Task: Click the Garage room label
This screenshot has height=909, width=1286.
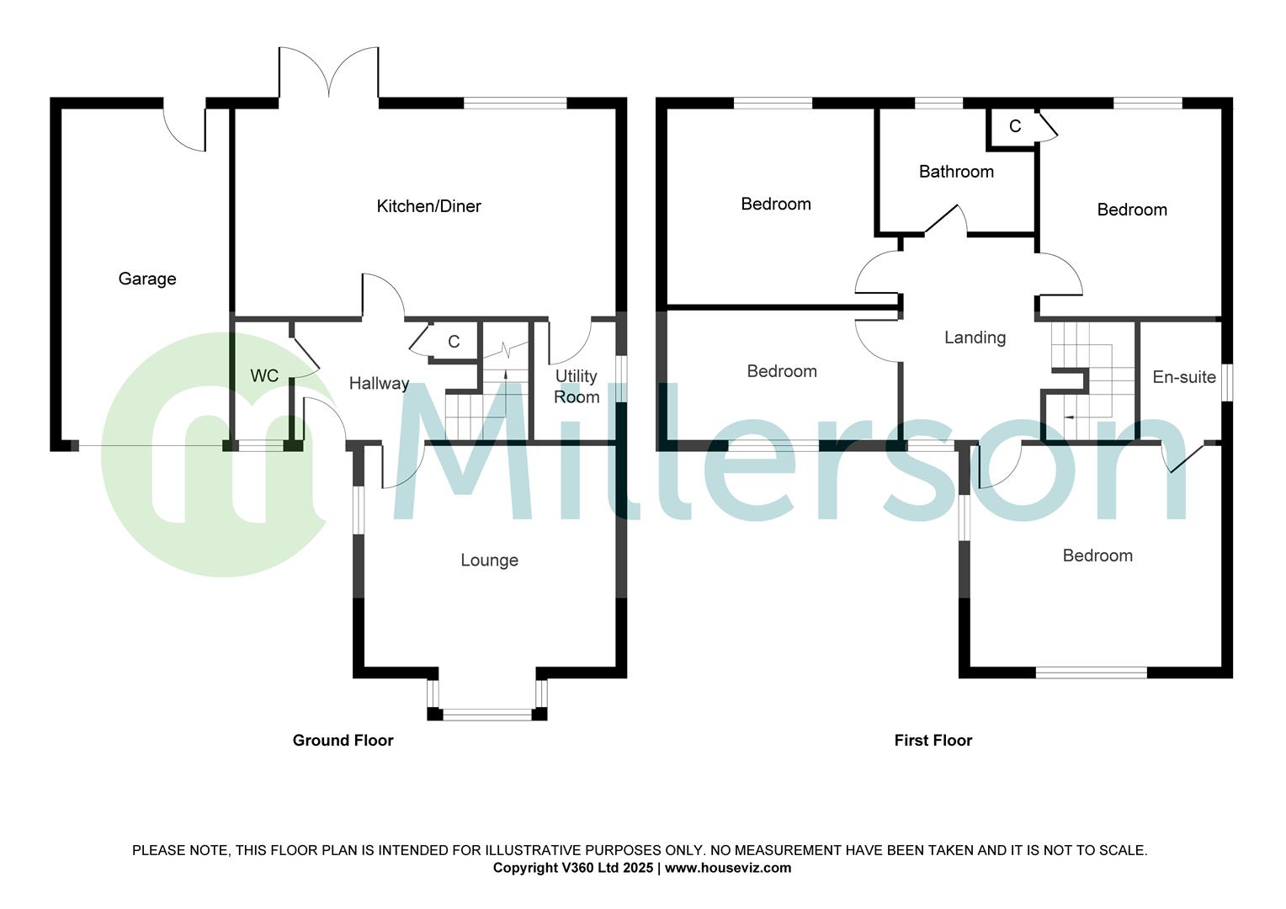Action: (x=147, y=279)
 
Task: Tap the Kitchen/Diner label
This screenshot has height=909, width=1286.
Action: (x=428, y=206)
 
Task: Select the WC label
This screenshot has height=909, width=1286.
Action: (x=264, y=375)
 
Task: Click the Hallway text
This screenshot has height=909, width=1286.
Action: (x=379, y=384)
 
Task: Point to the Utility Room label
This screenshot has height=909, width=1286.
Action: (x=577, y=386)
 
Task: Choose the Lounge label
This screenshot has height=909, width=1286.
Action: (x=489, y=561)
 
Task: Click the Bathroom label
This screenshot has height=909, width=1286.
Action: (x=956, y=172)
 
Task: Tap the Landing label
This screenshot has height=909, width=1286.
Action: (x=975, y=338)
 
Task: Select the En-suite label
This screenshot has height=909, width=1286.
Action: (x=1184, y=377)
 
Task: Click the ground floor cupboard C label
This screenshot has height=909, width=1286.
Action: (x=454, y=342)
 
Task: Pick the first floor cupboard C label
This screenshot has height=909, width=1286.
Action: (x=1015, y=126)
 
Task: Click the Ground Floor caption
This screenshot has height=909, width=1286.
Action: (x=343, y=741)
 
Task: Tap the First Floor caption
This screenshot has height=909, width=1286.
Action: (x=933, y=741)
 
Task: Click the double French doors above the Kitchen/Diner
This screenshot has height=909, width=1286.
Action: (x=329, y=74)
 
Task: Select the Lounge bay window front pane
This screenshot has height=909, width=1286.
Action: (x=487, y=715)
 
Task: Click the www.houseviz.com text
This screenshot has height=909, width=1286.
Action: (x=728, y=868)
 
